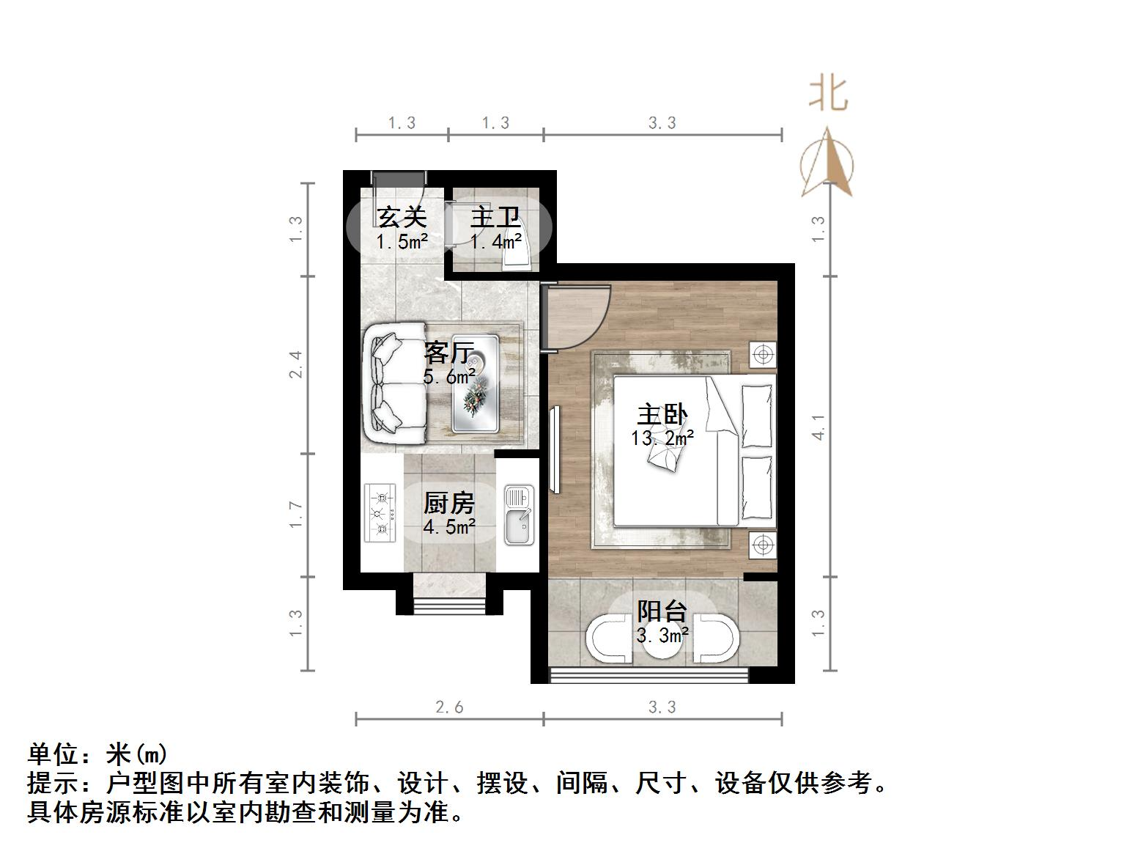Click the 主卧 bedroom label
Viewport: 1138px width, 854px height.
coord(662,415)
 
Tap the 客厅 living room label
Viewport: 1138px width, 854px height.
coord(449,353)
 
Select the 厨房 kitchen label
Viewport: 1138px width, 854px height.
coord(448,503)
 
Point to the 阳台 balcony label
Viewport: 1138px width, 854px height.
coord(662,611)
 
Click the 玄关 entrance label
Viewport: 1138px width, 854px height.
coord(402,218)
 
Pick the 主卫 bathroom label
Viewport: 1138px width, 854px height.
coord(495,218)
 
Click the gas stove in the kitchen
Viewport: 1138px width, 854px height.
coord(380,512)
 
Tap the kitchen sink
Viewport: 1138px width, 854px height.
coord(519,515)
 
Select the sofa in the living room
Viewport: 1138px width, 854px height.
coord(396,383)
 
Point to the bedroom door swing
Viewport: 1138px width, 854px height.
coord(575,317)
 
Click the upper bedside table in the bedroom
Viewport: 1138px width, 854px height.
coord(763,356)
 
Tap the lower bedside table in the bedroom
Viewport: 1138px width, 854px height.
coord(763,545)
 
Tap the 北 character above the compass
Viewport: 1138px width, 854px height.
coord(828,95)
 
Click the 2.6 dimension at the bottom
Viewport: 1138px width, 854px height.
coord(449,707)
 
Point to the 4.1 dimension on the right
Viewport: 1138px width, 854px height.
coord(819,427)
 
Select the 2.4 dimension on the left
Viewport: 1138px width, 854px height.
coord(295,364)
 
